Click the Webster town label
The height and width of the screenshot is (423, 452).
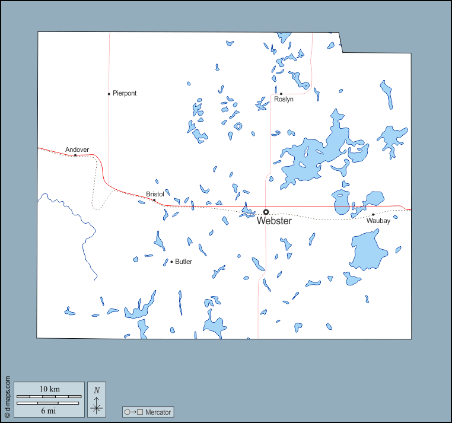274,221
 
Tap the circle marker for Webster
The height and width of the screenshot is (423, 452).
266,212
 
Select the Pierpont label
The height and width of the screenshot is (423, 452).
125,94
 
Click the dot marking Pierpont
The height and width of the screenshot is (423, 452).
109,94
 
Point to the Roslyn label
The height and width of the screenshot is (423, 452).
284,100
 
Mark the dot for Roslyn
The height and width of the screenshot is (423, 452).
281,93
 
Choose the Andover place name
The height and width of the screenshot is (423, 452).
77,150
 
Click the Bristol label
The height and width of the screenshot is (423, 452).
155,194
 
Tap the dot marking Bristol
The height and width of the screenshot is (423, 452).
154,200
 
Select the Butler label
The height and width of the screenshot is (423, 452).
183,262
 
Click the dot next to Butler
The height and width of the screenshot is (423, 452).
171,262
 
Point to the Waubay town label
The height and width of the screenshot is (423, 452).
378,221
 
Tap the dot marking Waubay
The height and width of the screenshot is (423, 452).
373,214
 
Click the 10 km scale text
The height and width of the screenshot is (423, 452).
50,389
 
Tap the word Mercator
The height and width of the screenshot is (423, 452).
158,412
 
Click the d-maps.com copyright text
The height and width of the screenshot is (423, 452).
7,395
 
